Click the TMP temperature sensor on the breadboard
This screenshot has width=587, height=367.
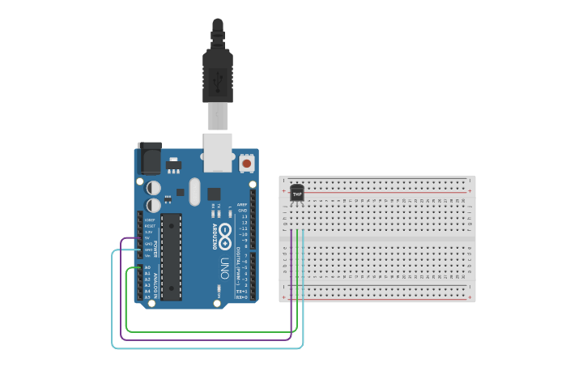coord(297,193)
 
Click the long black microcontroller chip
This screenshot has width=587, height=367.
coord(171,256)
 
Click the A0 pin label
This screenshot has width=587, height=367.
coord(147,267)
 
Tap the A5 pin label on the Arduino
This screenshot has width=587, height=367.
coord(147,297)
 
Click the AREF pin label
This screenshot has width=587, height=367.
coord(241,204)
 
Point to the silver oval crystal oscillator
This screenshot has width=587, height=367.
coord(194,192)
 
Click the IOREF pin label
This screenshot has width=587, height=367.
coord(148,220)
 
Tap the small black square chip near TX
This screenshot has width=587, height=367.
coord(214,194)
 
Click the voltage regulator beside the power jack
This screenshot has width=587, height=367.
coord(173,165)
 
